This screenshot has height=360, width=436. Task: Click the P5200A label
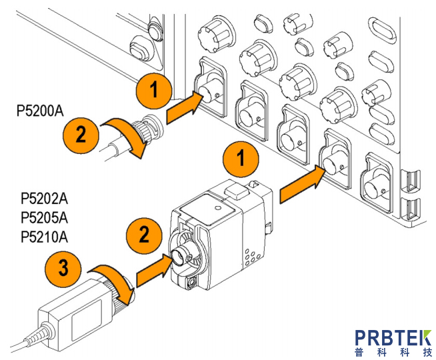[x=40, y=111]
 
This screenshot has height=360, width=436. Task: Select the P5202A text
[x=45, y=198]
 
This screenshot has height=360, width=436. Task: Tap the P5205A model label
[x=45, y=217]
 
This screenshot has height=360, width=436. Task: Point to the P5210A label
[x=45, y=237]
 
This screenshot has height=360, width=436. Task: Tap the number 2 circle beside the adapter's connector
[x=143, y=235]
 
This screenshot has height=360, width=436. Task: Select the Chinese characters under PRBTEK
[x=393, y=352]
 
